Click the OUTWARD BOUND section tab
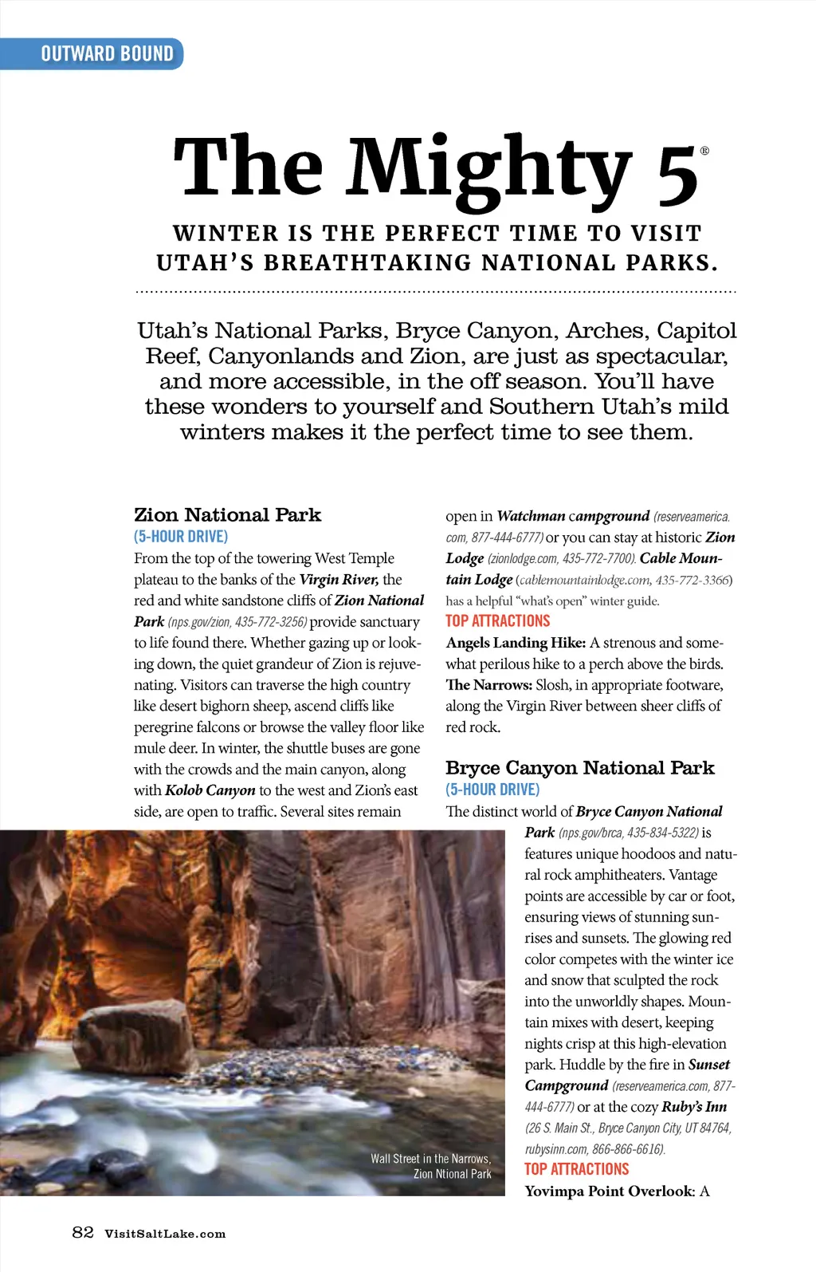pyautogui.click(x=107, y=54)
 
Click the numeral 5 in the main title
pyautogui.click(x=677, y=175)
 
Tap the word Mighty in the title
pyautogui.click(x=489, y=169)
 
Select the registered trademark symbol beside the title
pyautogui.click(x=704, y=151)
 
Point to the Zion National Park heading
pyautogui.click(x=227, y=515)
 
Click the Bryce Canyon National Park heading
pyautogui.click(x=580, y=768)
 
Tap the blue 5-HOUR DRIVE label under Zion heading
pyautogui.click(x=181, y=537)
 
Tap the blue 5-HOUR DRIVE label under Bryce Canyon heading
pyautogui.click(x=492, y=790)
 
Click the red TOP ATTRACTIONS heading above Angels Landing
pyautogui.click(x=498, y=621)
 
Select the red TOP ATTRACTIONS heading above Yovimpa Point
pyautogui.click(x=577, y=1169)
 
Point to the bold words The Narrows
pyautogui.click(x=488, y=685)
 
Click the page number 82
pyautogui.click(x=83, y=1232)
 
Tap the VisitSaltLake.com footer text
pyautogui.click(x=165, y=1234)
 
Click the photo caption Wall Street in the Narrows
pyautogui.click(x=430, y=1159)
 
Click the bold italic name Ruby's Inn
pyautogui.click(x=694, y=1107)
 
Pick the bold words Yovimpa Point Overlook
pyautogui.click(x=610, y=1191)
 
